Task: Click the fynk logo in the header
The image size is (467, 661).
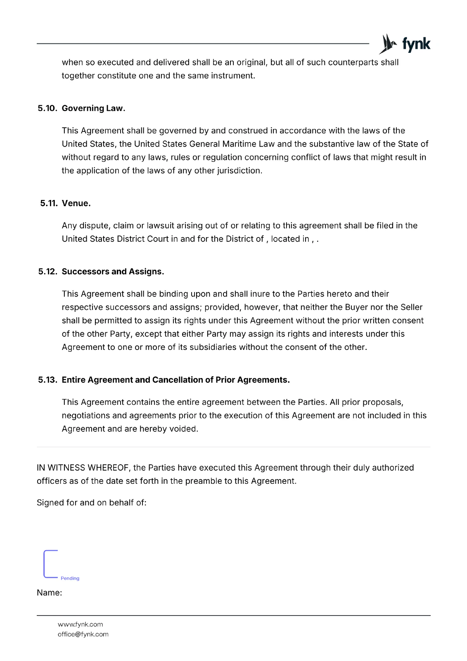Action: tap(405, 44)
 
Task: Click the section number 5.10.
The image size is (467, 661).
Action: tap(47, 108)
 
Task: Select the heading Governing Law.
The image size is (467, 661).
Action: tap(93, 108)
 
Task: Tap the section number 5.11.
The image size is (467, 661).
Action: tap(49, 203)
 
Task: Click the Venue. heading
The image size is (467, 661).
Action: tap(76, 203)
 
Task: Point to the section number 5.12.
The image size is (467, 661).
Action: tap(47, 271)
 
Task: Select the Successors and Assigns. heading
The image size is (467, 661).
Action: tap(113, 271)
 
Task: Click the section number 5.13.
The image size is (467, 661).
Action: tap(47, 380)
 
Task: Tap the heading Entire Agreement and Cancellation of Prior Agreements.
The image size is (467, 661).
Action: tap(175, 380)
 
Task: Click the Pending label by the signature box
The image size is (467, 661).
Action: tap(70, 578)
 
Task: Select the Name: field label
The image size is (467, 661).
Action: tap(50, 593)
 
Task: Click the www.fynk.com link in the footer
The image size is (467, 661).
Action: tap(80, 624)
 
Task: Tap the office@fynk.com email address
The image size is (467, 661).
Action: tap(83, 634)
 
